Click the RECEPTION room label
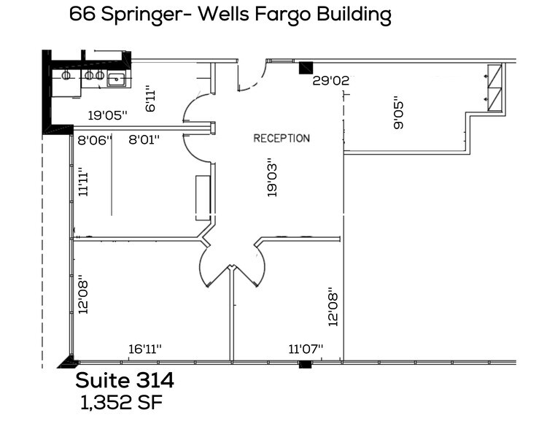tap(282, 138)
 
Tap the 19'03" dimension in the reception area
tap(272, 178)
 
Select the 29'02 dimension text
tap(331, 81)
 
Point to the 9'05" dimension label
tap(398, 113)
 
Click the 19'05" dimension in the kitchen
tap(108, 115)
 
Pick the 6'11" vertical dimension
tap(150, 98)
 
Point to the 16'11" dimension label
tap(144, 349)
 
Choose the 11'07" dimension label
tap(306, 349)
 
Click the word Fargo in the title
tap(301, 14)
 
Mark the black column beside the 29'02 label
tap(306, 68)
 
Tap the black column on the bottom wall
tap(305, 364)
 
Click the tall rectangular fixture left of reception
tap(202, 197)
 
